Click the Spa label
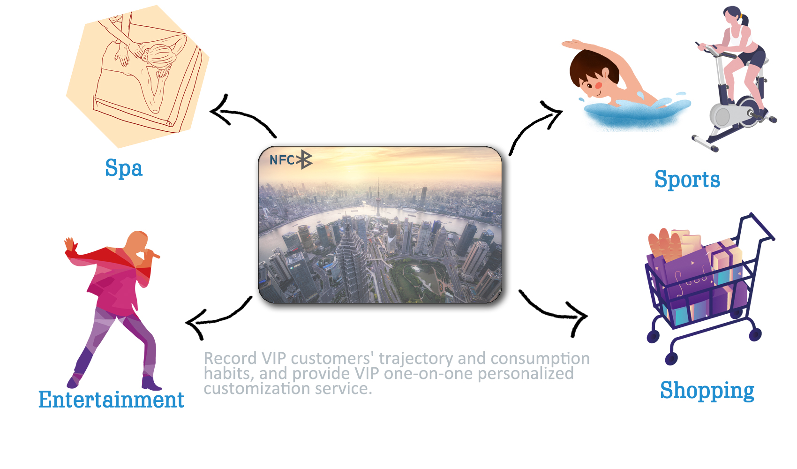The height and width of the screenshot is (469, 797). pos(124,168)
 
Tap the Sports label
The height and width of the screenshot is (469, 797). pos(687,179)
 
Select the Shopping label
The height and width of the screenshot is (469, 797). pos(707,390)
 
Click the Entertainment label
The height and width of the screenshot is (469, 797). pos(111,399)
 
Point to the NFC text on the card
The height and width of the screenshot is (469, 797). pos(282,160)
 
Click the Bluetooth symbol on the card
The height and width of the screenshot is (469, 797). pos(304,159)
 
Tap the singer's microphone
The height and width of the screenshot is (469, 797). pos(152,254)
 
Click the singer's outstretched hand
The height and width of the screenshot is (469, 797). pos(71,245)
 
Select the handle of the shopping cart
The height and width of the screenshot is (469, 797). pos(758,228)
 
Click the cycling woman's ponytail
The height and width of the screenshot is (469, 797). pos(744,20)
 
